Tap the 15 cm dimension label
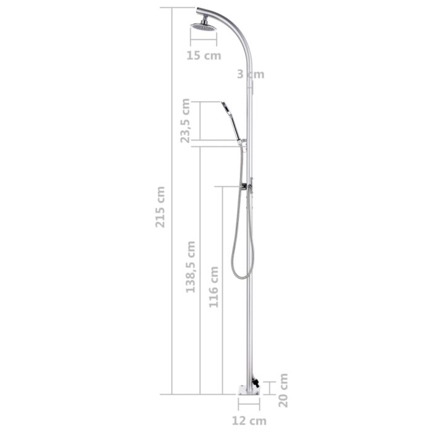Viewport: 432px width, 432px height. tap(204, 56)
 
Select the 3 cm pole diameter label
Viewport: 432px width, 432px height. tap(251, 74)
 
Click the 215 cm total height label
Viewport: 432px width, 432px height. tap(160, 207)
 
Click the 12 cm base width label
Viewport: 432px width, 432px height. tap(251, 421)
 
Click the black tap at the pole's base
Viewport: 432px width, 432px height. tap(254, 385)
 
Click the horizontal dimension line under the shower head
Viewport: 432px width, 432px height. tap(204, 43)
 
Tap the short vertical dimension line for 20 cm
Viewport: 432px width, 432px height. tap(269, 388)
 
